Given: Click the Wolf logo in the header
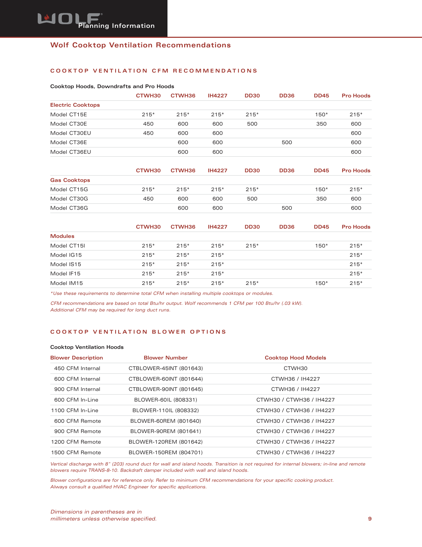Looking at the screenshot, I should [70, 19].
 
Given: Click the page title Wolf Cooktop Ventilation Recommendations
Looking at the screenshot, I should [140, 45].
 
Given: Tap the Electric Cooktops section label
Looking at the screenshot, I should [75, 105].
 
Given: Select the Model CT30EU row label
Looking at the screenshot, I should [70, 133].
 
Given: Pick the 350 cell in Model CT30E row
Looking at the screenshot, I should [321, 124].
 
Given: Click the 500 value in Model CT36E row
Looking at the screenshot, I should [287, 142].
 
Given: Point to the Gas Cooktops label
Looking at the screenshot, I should [70, 180].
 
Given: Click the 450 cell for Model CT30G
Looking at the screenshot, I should [148, 199].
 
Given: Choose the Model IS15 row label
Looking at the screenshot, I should [66, 264].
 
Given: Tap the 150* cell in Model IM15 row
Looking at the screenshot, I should [321, 283].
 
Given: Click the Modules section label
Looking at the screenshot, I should [62, 236].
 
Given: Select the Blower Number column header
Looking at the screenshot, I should [165, 358].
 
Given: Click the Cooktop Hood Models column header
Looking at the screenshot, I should [295, 358].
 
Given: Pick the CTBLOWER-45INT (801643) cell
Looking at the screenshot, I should [165, 368].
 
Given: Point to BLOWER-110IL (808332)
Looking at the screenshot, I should [165, 410].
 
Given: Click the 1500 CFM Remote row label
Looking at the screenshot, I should [76, 453].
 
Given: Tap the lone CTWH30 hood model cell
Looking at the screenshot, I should [295, 368].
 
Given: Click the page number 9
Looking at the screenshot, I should [370, 519].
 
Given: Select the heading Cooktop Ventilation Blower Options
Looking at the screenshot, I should [138, 332].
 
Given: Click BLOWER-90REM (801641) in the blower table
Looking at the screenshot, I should [165, 431].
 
